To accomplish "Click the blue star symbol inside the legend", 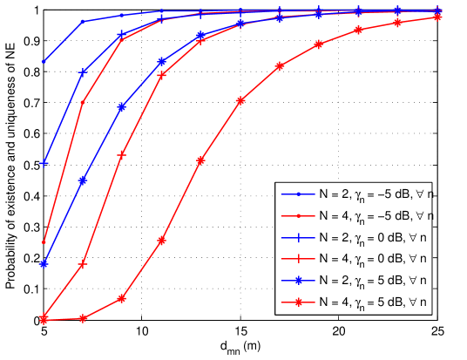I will [x=298, y=281].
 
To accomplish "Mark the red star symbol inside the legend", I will [x=298, y=302].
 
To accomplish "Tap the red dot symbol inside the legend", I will [x=298, y=215].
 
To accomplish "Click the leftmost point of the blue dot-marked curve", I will [x=44, y=62].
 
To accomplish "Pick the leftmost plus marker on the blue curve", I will [x=44, y=163].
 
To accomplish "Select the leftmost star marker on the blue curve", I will [x=44, y=263].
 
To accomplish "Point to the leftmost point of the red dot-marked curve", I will [x=44, y=241].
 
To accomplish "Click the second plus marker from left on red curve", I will [x=83, y=263].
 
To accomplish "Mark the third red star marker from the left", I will [x=122, y=298].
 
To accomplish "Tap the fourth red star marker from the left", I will [x=161, y=241].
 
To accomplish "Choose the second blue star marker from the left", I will [x=83, y=180].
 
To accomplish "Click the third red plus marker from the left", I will [x=122, y=154].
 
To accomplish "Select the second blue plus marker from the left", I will [x=83, y=72].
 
